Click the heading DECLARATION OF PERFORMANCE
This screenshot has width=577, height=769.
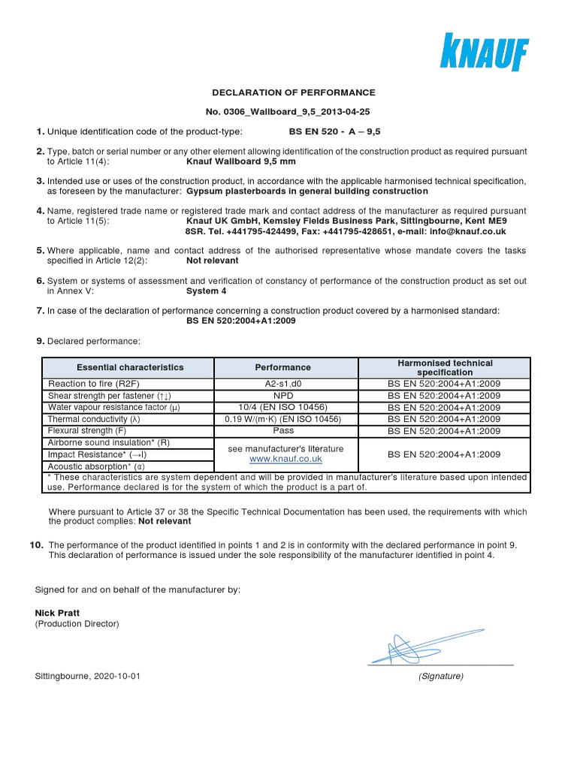pos(294,92)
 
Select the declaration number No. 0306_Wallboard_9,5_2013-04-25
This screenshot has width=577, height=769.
pos(294,112)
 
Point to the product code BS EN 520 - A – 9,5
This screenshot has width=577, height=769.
pos(334,131)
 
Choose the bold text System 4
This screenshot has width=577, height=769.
pos(206,291)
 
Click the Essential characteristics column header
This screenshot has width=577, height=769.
pos(129,367)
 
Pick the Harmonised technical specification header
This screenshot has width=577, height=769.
pos(445,367)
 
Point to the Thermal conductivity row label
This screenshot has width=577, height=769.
pos(94,419)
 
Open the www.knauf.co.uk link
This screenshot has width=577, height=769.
pos(285,459)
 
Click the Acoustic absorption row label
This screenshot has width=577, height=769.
pos(97,466)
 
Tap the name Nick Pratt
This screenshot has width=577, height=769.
pos(57,613)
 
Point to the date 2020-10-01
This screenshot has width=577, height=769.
pos(116,676)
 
